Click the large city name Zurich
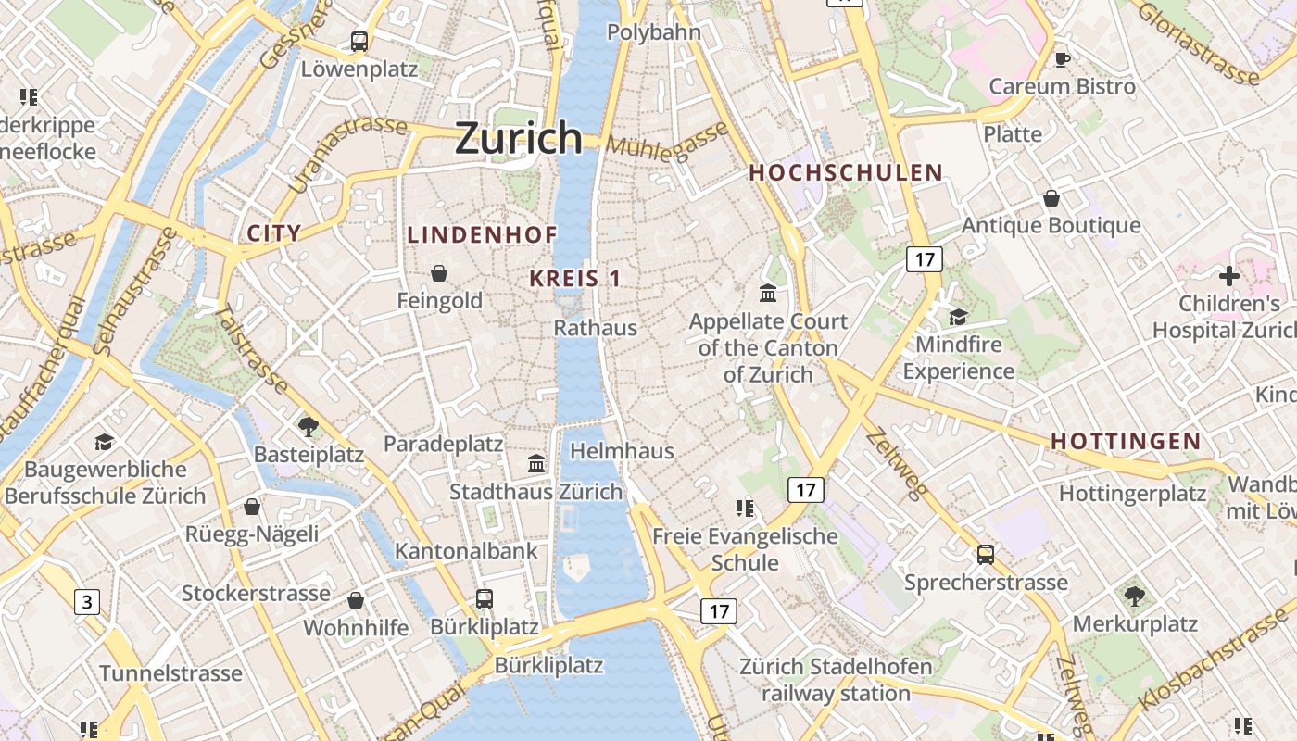point(519,138)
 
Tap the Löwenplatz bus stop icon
point(359,42)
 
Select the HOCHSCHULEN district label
point(845,173)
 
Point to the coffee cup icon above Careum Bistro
point(1062,59)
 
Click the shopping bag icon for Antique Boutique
point(1051,198)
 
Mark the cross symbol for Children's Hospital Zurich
point(1228,276)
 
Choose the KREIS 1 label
point(575,278)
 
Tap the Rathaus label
point(596,328)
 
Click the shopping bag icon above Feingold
point(439,273)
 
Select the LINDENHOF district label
point(482,235)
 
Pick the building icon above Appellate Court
point(768,294)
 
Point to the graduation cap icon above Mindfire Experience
point(958,318)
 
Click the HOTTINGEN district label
point(1126,442)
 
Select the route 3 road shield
point(87,602)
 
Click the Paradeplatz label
point(443,445)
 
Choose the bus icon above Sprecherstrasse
point(986,555)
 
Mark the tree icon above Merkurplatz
point(1134,596)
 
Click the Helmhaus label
point(622,451)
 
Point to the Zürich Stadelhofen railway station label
point(836,680)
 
